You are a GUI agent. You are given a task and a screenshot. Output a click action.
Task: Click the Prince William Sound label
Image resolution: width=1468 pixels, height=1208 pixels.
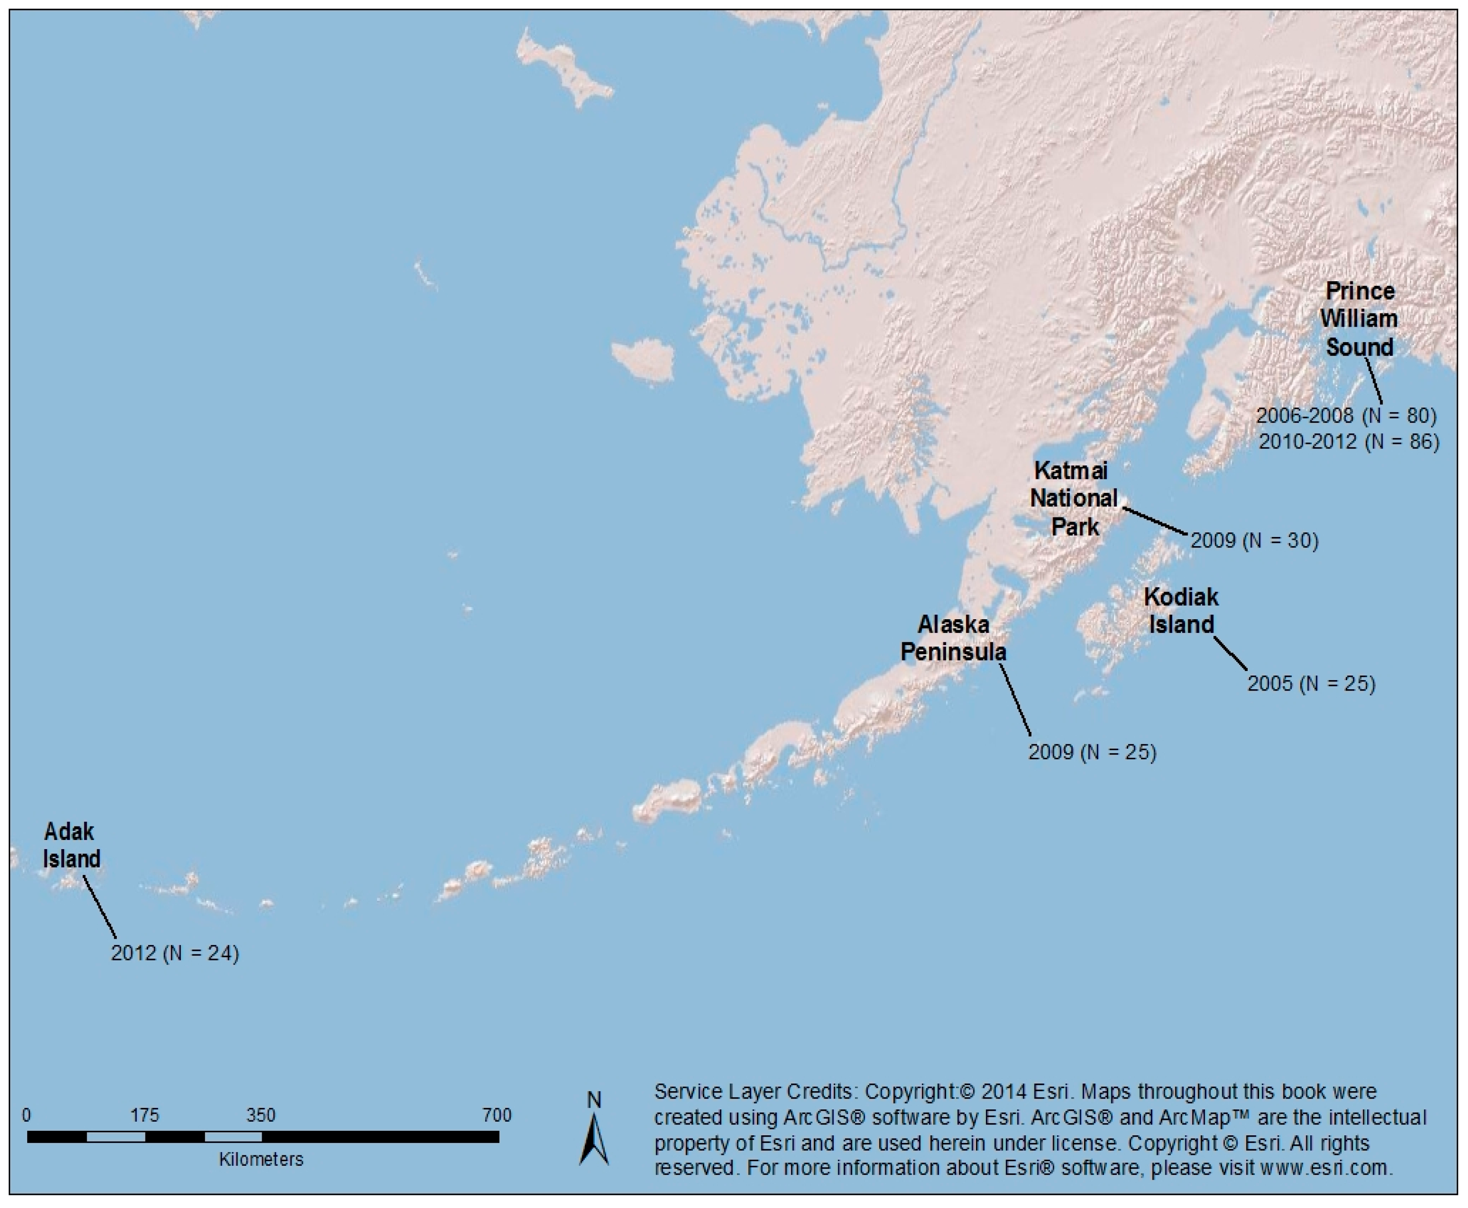[x=1359, y=319]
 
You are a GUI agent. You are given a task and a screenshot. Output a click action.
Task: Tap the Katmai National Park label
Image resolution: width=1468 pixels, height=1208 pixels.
[x=1074, y=498]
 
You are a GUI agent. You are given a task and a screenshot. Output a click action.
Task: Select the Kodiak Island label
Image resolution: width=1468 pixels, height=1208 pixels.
[x=1181, y=610]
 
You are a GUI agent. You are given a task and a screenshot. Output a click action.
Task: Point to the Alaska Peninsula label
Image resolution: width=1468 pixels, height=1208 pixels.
[x=953, y=638]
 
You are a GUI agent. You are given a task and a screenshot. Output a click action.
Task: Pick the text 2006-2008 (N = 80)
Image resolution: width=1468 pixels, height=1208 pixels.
[x=1345, y=415]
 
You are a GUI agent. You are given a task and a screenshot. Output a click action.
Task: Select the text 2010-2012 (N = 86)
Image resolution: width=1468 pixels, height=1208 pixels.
[x=1349, y=441]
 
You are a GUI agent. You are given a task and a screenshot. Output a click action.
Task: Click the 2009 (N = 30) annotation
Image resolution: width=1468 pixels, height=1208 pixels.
[x=1254, y=541]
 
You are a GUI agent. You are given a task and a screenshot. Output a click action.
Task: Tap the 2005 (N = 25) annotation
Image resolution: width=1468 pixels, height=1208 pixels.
[x=1311, y=683]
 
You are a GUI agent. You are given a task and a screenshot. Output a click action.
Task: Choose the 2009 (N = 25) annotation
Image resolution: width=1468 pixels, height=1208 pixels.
[x=1092, y=752]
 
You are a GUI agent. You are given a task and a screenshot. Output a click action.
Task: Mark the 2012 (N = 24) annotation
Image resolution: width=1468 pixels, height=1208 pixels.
[x=174, y=953]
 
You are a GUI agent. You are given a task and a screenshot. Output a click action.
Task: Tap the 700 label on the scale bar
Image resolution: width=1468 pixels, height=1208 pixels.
[x=497, y=1115]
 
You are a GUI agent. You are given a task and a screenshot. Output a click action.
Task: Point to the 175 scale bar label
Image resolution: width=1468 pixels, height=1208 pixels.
[x=145, y=1115]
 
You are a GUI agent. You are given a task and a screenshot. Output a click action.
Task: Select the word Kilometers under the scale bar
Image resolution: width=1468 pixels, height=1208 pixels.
[x=261, y=1159]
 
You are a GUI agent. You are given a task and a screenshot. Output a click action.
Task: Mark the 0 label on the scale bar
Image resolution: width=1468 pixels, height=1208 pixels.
[x=26, y=1115]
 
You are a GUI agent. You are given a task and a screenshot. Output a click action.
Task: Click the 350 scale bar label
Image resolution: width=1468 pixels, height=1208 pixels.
[x=261, y=1115]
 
